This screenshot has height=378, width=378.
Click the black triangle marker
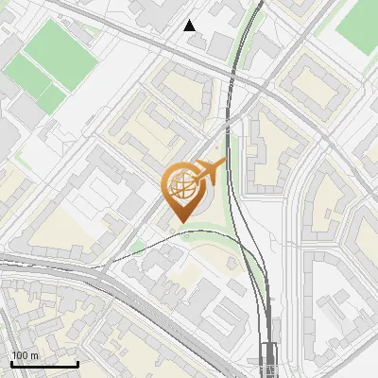coord(190,26)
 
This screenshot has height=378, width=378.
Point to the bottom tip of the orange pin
coord(180,223)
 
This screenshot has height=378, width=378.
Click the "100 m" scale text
coord(26,354)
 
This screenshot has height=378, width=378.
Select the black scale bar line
coord(44,364)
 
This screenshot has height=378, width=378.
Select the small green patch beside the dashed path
coord(139,249)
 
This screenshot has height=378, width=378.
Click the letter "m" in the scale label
coord(34,354)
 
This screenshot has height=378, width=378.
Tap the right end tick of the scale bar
coord(77,362)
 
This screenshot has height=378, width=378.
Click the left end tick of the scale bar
coord(11,362)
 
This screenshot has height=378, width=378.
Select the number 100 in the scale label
coord(20,354)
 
